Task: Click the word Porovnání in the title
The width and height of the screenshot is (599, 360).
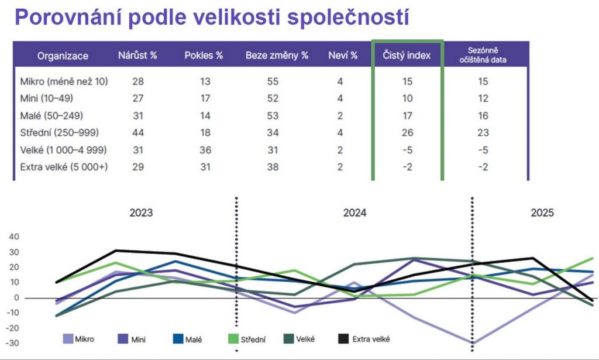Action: coord(64,18)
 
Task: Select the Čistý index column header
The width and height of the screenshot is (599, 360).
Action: coord(407,55)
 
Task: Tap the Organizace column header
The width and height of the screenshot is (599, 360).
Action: coord(63,56)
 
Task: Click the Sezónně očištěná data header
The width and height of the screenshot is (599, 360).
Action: coord(483,55)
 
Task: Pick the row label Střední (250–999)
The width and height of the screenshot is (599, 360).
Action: coord(59,133)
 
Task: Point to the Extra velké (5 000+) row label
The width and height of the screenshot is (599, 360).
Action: coord(64,167)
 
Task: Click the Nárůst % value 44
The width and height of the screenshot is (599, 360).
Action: coord(138,133)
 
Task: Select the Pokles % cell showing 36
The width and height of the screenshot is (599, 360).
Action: coord(205,150)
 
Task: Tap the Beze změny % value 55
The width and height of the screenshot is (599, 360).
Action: coord(273,81)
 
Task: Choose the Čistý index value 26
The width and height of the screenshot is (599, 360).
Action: coord(407,133)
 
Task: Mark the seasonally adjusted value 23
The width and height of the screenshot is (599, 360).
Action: coord(483,133)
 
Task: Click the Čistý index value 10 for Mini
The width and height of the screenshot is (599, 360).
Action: coord(407,98)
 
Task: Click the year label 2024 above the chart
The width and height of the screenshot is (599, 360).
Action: coord(354,213)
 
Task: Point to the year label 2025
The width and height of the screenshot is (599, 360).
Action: coord(542,213)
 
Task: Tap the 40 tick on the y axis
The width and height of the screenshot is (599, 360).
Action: coord(14,236)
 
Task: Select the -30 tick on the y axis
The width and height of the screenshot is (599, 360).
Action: coord(12,343)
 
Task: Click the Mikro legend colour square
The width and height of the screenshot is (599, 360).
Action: coord(68,338)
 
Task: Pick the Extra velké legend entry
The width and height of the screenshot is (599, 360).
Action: coord(364,338)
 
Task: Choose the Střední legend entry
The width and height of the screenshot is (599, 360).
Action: coord(247,339)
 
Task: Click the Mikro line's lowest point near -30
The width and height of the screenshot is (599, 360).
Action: coord(473,343)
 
